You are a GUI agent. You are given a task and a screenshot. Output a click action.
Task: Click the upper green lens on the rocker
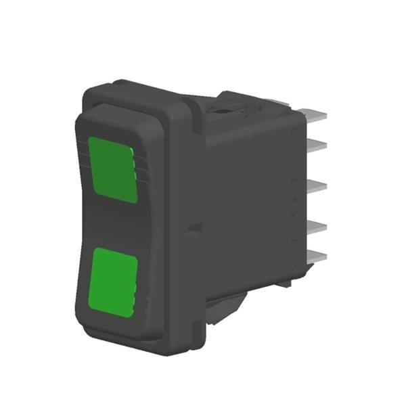(112, 169)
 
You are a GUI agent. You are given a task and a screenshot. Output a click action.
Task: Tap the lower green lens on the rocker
(114, 281)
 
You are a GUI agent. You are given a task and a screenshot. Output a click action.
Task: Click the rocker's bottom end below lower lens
(118, 325)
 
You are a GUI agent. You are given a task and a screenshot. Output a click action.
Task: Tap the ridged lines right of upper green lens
(141, 166)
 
